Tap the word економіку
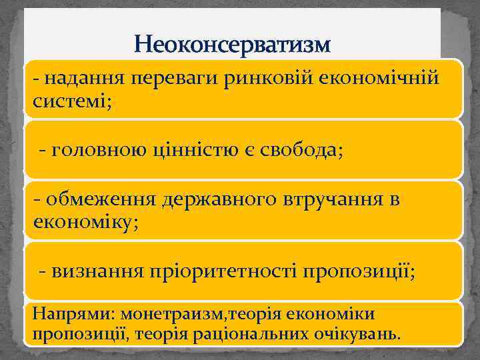pyautogui.click(x=86, y=221)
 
